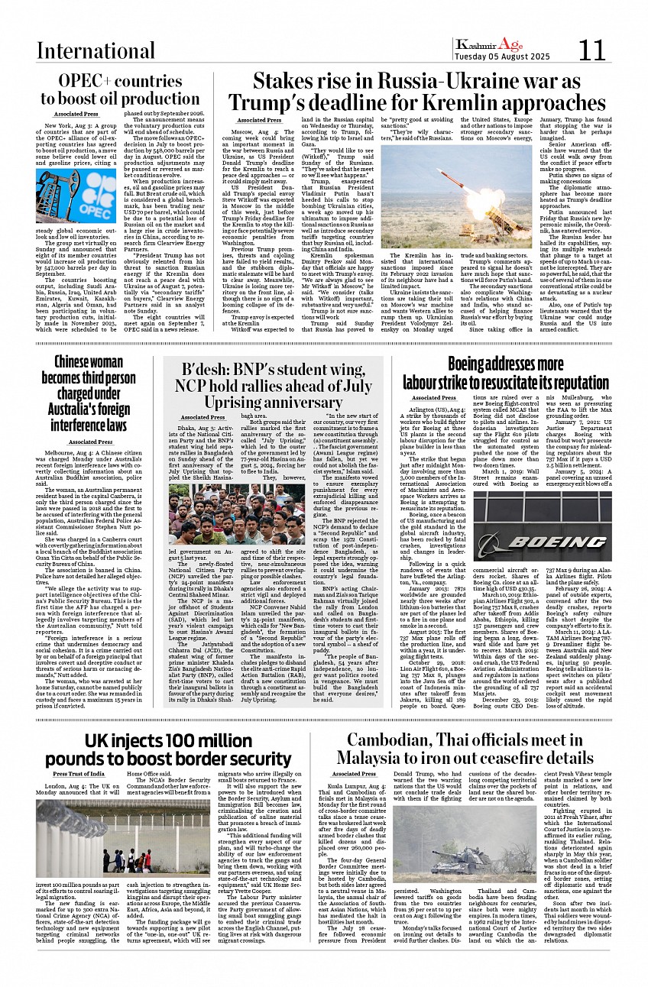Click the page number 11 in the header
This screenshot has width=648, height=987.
592,50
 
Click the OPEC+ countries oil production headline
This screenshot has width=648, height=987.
120,90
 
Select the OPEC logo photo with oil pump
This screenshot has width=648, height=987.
76,196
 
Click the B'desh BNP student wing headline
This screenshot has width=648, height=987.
273,384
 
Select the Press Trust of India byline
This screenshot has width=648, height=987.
79,775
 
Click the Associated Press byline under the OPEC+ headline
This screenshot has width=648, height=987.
75,114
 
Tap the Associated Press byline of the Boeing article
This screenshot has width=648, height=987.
433,398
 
